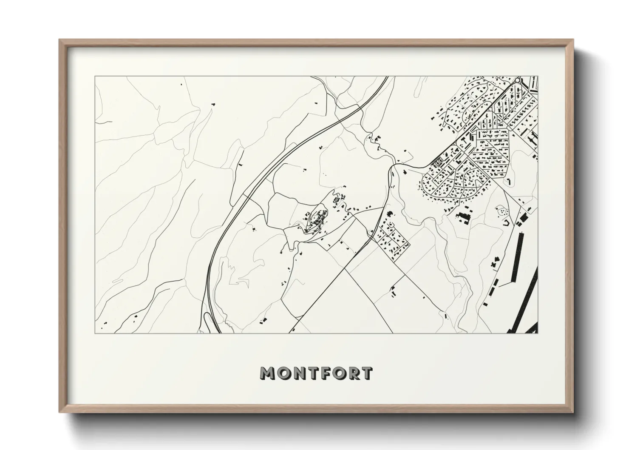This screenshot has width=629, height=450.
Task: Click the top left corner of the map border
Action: (x=95, y=77)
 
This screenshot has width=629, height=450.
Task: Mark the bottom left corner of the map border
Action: (x=95, y=333)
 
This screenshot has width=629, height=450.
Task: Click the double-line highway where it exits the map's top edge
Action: (x=386, y=77)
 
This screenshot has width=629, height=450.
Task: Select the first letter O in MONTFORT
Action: (x=283, y=373)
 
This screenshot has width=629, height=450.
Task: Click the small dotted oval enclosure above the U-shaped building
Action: (x=502, y=210)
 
